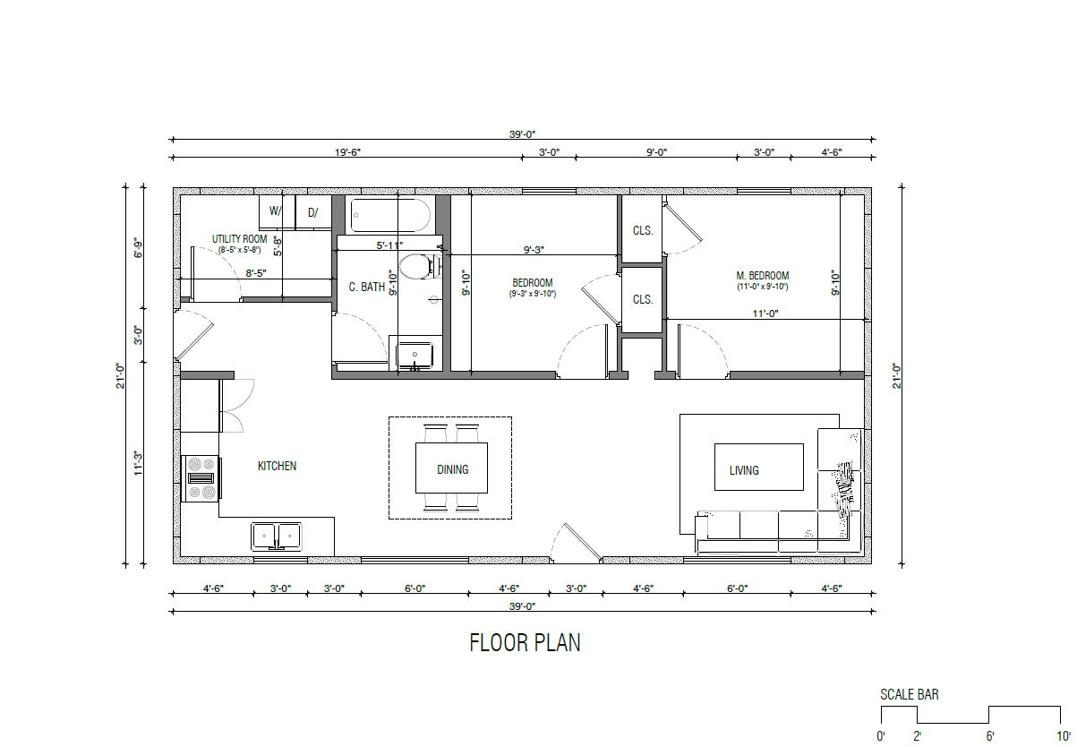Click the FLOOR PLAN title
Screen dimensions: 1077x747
[525, 643]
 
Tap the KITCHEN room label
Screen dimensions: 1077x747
[277, 466]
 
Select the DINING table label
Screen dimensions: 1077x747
[452, 469]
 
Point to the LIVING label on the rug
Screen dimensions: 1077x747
[744, 470]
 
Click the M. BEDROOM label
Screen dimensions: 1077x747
[763, 276]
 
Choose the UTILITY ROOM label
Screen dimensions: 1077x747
[239, 239]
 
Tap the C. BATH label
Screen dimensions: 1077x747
[367, 288]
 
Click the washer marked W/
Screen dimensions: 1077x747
[277, 211]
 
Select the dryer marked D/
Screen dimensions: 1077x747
[313, 211]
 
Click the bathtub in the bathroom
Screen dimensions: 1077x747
[390, 216]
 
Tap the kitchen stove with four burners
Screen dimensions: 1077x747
[201, 478]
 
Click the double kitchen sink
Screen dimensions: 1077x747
[277, 537]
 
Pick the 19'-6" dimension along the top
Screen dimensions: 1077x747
[347, 152]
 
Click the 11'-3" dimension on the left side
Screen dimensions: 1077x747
[139, 463]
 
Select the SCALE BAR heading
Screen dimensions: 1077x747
[910, 694]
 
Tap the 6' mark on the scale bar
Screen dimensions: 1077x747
[990, 736]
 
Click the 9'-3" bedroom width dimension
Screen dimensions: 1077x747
[534, 250]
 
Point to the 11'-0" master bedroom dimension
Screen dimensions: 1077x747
[765, 313]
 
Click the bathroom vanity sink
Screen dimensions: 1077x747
[415, 356]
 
